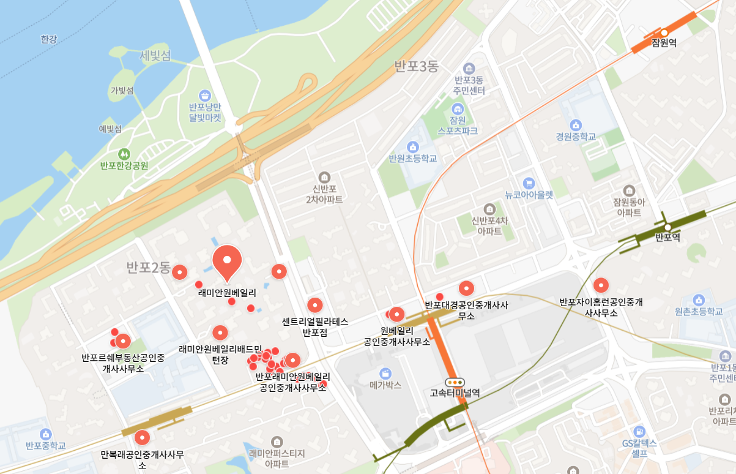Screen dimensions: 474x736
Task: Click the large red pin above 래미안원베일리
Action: tap(227, 260)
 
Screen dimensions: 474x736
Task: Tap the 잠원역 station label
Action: tap(663, 43)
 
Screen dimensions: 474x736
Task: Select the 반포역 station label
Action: tap(667, 237)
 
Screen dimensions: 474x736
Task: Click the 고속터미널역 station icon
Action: tap(455, 382)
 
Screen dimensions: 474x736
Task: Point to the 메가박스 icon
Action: tap(385, 373)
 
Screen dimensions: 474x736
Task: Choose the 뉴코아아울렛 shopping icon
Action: tap(529, 183)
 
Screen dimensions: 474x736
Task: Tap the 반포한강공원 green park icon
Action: tap(124, 153)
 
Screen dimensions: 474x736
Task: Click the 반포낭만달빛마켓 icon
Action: tap(205, 96)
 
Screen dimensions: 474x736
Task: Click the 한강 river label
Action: tap(48, 39)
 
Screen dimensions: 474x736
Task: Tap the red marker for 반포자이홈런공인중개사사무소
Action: tap(601, 285)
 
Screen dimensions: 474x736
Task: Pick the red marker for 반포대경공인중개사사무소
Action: tap(466, 288)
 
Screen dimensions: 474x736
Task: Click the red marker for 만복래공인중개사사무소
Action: tap(142, 437)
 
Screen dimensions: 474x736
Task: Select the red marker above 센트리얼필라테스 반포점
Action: tap(314, 304)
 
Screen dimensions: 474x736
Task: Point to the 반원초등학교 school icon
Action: tap(413, 147)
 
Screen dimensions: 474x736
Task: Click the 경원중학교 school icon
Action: tap(575, 124)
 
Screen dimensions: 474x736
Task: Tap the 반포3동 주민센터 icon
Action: tap(469, 68)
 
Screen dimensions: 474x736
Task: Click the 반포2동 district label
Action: tap(148, 267)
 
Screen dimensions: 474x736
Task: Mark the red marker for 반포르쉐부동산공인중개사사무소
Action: tap(123, 341)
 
